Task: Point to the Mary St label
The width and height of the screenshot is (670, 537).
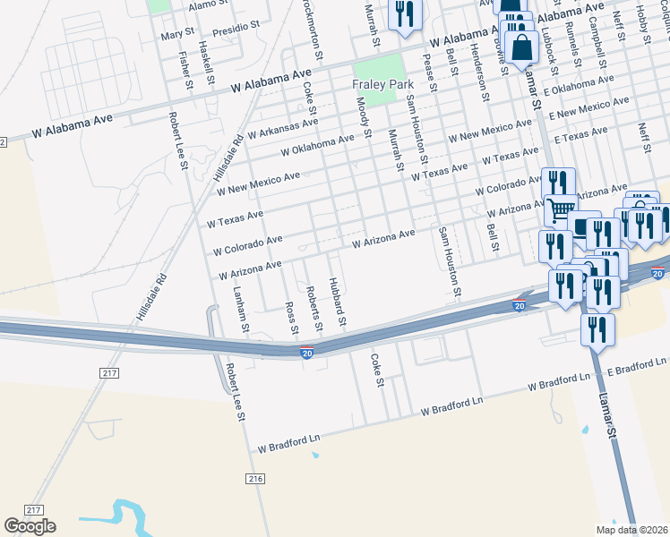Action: coord(177,35)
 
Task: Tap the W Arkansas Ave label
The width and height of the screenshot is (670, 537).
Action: coord(282,128)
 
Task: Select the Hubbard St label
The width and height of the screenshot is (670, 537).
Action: coord(339,302)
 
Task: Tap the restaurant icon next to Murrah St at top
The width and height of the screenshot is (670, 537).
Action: coord(405,13)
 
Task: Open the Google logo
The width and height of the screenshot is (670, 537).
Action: coord(30,526)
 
